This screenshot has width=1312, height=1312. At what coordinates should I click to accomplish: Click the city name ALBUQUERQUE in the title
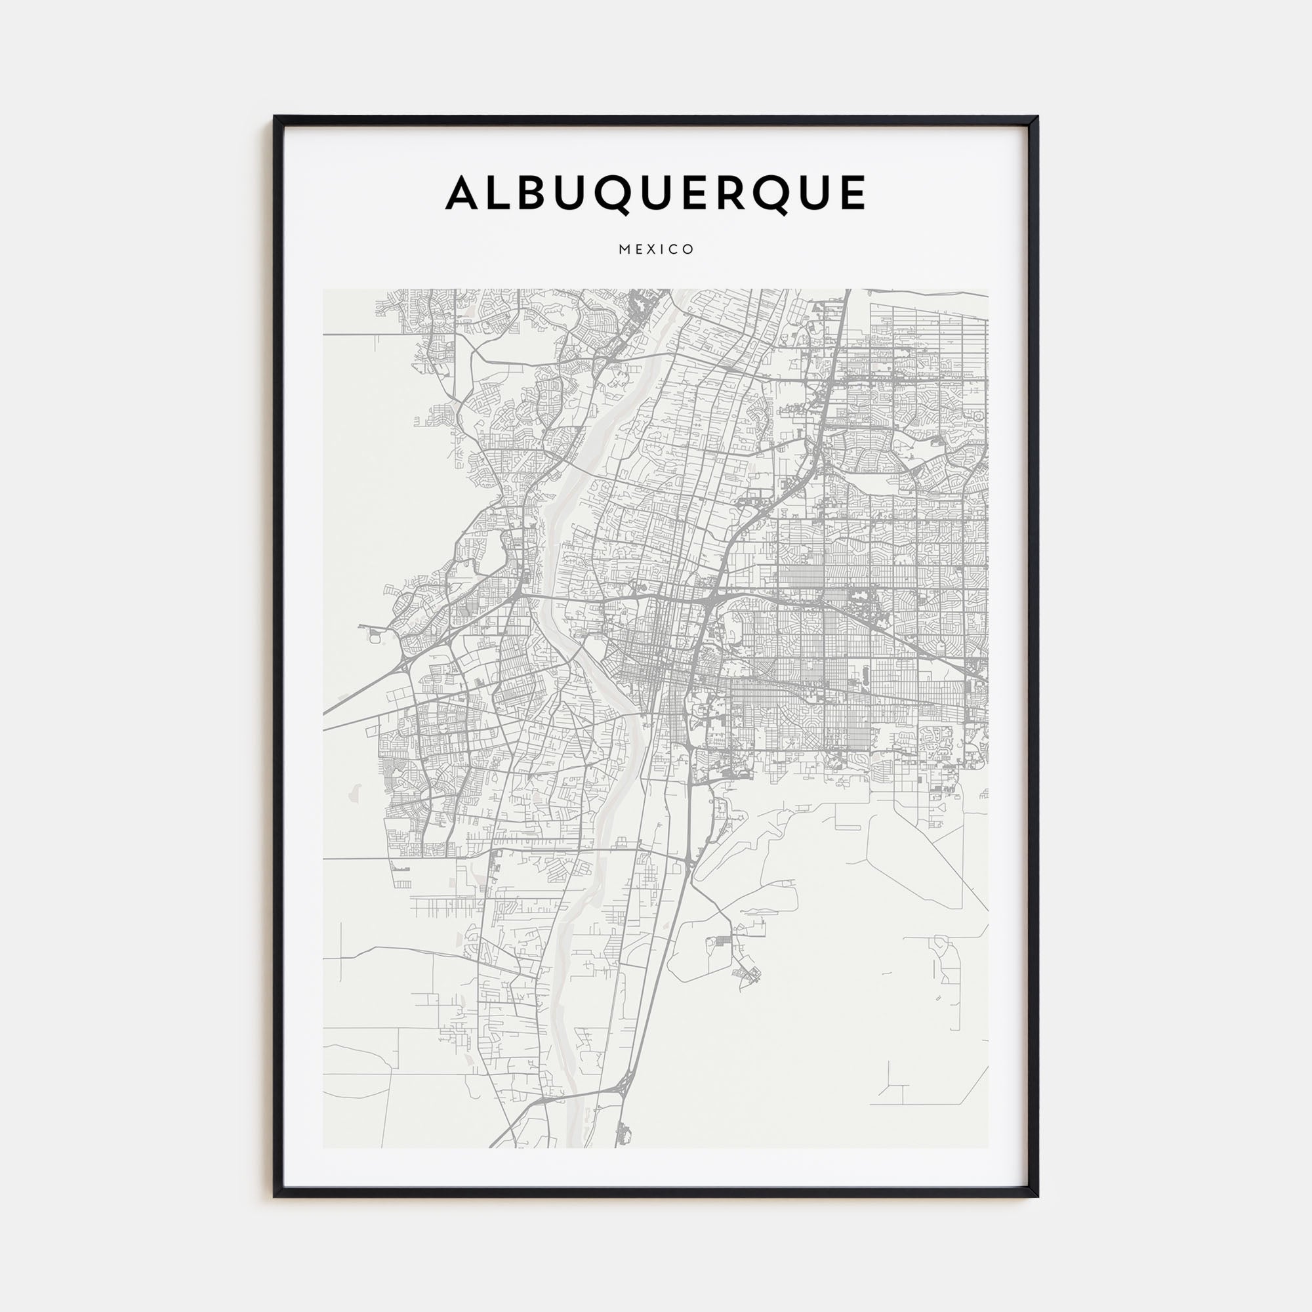tap(655, 194)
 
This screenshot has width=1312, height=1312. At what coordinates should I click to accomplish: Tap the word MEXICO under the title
tap(656, 249)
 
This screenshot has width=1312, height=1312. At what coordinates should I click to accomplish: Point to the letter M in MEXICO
tap(623, 249)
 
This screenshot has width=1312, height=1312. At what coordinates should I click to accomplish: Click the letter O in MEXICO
tap(689, 249)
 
